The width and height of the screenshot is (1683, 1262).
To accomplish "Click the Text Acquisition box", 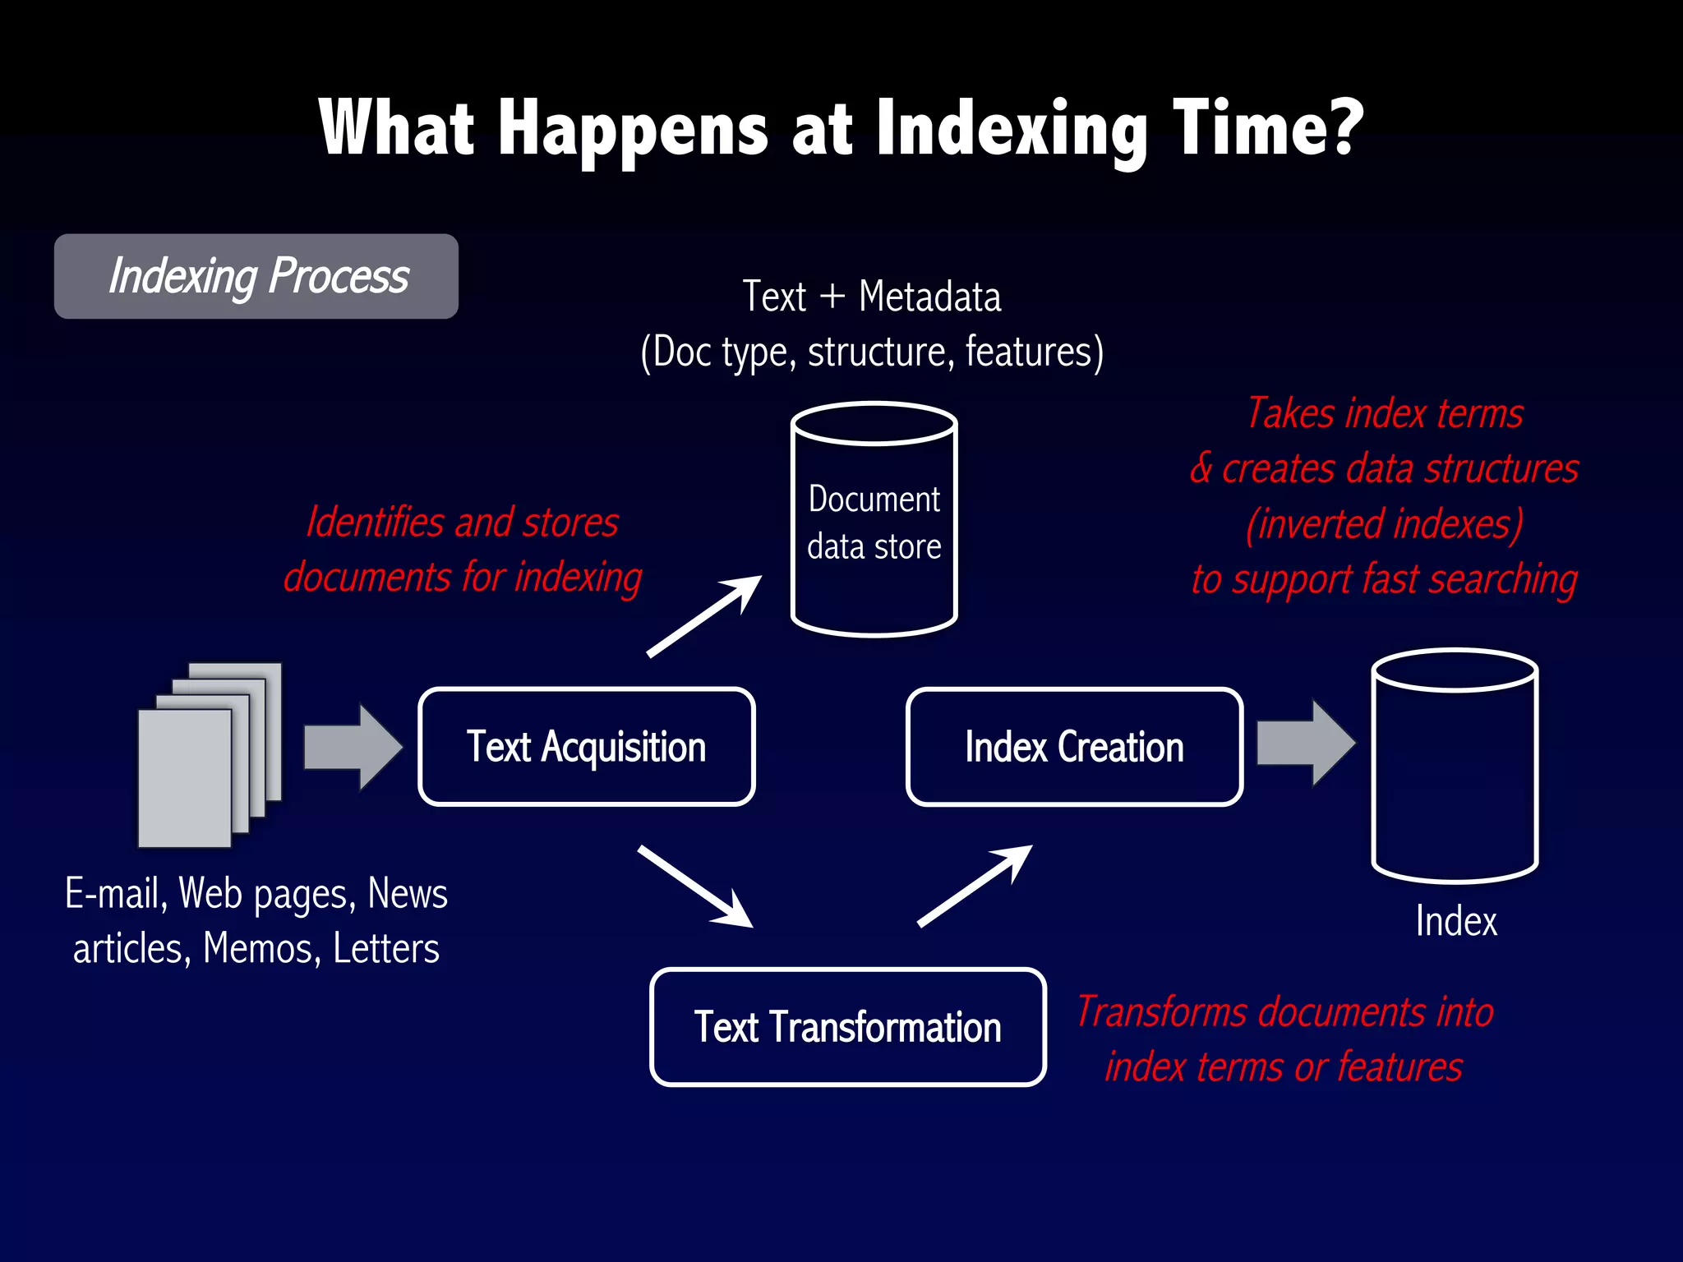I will pyautogui.click(x=586, y=746).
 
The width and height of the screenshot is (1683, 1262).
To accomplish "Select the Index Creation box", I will pyautogui.click(x=1074, y=746).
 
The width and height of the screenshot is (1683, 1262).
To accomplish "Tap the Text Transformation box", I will pyautogui.click(x=847, y=1027).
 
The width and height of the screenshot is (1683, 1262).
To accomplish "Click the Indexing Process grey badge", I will pyautogui.click(x=256, y=276).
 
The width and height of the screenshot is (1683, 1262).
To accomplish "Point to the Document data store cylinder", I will pyautogui.click(x=874, y=519).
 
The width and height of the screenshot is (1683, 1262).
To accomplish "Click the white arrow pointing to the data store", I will pyautogui.click(x=705, y=616).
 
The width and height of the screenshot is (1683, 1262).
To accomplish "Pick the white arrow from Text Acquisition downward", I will pyautogui.click(x=695, y=887).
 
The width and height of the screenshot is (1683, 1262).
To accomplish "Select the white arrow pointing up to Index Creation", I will pyautogui.click(x=975, y=886).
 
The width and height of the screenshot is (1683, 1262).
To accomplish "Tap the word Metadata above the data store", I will pyautogui.click(x=929, y=296).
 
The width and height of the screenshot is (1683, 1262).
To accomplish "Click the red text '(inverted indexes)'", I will pyautogui.click(x=1384, y=524).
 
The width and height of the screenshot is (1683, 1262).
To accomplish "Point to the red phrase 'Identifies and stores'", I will pyautogui.click(x=462, y=523).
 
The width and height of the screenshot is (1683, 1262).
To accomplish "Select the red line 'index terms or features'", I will pyautogui.click(x=1284, y=1066).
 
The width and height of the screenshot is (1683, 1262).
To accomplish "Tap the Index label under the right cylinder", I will pyautogui.click(x=1455, y=921).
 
